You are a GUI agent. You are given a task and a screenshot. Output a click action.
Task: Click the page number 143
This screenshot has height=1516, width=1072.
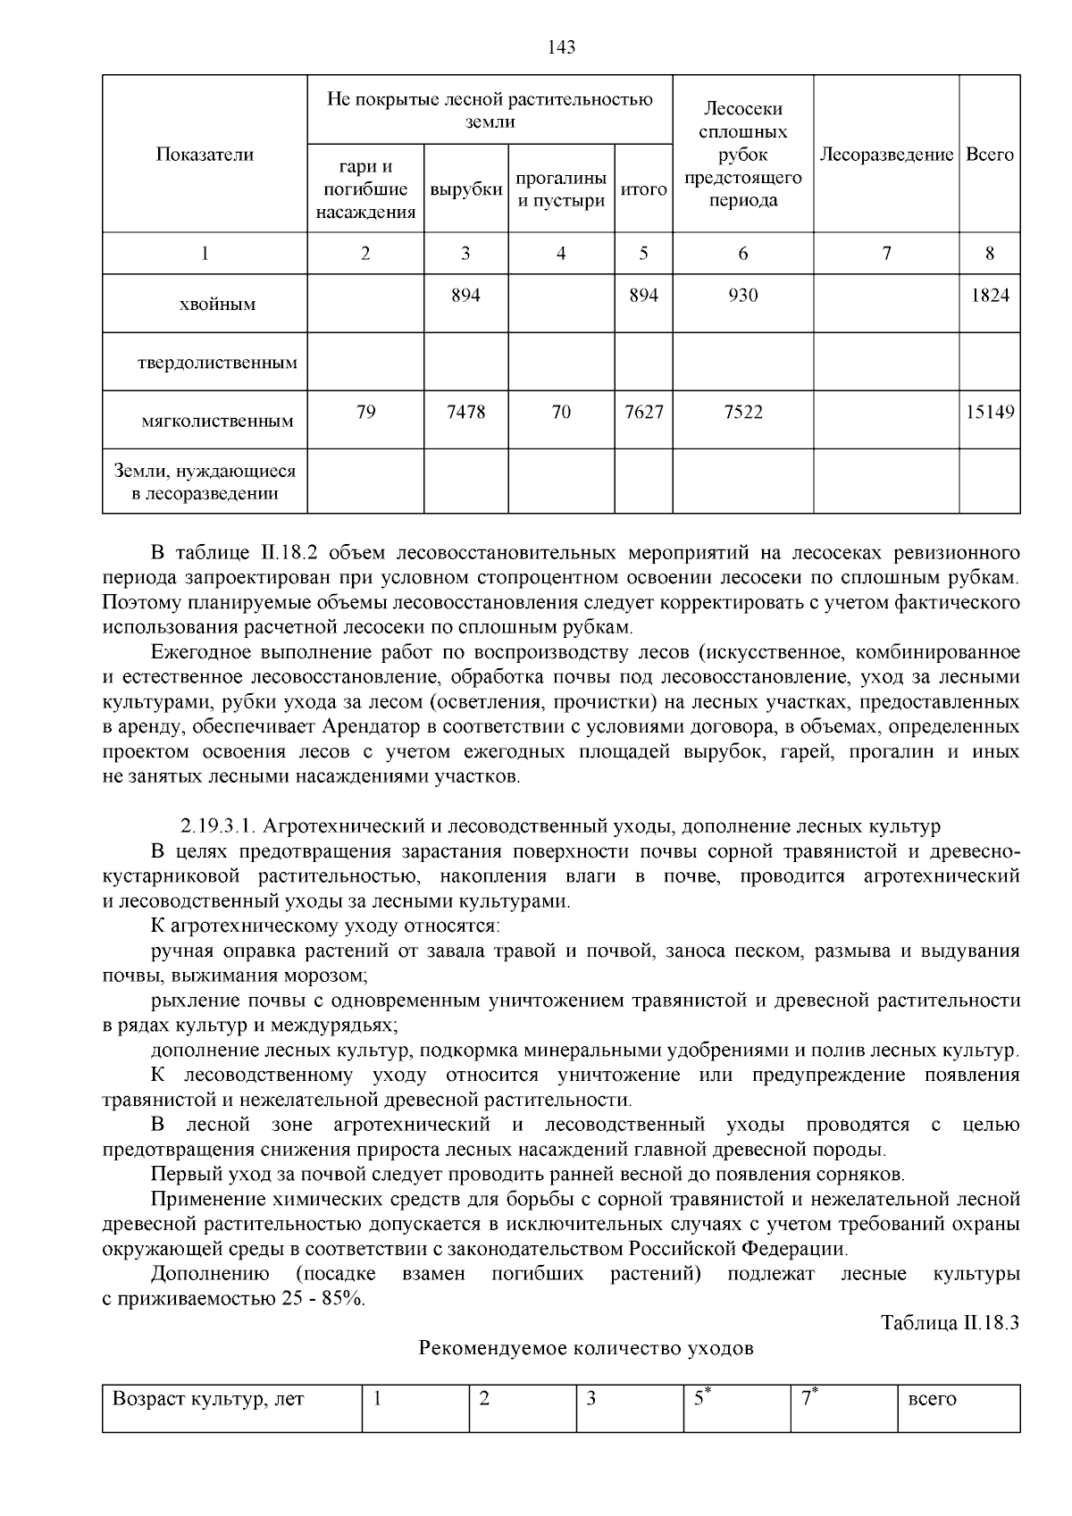point(561,48)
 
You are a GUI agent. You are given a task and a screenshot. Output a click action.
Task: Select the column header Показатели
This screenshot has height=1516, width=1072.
point(205,155)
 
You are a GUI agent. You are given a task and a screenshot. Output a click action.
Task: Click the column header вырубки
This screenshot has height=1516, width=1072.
point(465,190)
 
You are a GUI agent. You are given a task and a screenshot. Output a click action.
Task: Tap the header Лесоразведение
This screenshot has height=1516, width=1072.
point(886,155)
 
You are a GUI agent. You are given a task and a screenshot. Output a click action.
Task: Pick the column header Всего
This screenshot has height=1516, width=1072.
point(990,155)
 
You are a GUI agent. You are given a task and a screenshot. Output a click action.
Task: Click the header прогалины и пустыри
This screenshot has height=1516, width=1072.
point(562,189)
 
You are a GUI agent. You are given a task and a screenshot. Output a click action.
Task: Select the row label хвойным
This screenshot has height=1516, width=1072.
point(217,305)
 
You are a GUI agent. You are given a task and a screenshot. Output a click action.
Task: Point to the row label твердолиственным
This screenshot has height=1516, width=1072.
point(217,364)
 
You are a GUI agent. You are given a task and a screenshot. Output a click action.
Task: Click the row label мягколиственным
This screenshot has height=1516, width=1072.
point(217,421)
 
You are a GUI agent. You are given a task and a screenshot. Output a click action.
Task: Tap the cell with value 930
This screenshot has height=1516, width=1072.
point(742,295)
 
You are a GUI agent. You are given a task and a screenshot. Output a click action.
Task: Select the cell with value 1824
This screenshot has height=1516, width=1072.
point(990,295)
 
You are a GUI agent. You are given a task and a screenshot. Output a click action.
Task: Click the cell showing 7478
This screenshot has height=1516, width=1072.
point(465,412)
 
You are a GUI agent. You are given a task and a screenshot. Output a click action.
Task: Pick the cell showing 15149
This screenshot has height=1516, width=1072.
point(990,412)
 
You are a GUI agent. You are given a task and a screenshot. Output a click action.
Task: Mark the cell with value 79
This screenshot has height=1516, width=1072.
point(365,412)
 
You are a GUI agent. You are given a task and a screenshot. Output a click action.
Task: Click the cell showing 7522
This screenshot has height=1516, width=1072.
point(742,412)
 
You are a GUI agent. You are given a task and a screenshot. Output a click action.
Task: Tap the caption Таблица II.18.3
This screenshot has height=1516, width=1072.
point(950,1323)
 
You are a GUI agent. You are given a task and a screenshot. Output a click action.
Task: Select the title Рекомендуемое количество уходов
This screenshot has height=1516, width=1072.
point(586,1348)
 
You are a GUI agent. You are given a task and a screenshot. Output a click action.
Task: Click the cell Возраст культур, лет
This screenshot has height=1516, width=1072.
point(208,1399)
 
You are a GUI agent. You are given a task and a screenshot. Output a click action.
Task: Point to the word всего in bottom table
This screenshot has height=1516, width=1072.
point(932,1400)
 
